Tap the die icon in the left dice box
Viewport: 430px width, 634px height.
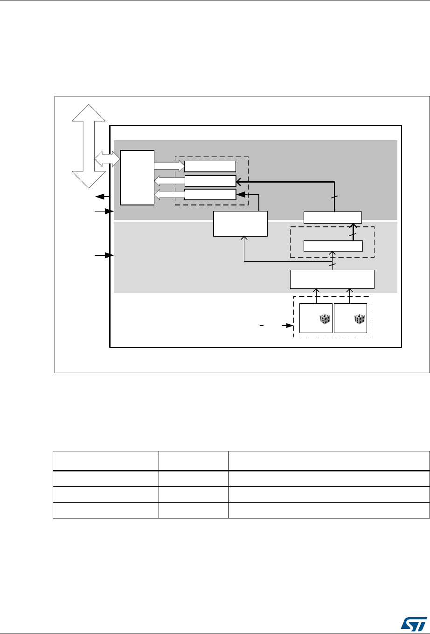click(x=325, y=319)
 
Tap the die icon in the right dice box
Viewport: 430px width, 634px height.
click(x=360, y=319)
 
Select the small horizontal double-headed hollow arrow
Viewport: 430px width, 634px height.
click(x=107, y=158)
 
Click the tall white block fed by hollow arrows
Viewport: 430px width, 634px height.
click(x=137, y=177)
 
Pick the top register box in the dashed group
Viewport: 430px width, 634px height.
click(x=210, y=166)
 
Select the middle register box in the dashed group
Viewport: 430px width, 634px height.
click(x=210, y=181)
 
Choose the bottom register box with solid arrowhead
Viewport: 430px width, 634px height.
click(x=210, y=194)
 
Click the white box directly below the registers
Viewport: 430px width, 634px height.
click(x=240, y=224)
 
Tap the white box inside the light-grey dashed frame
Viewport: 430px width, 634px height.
click(x=333, y=245)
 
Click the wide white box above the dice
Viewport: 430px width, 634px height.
click(x=332, y=279)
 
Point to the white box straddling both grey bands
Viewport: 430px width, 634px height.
click(x=333, y=217)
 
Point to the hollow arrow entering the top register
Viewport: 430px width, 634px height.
click(x=169, y=166)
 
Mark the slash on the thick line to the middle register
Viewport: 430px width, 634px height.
click(x=333, y=198)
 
